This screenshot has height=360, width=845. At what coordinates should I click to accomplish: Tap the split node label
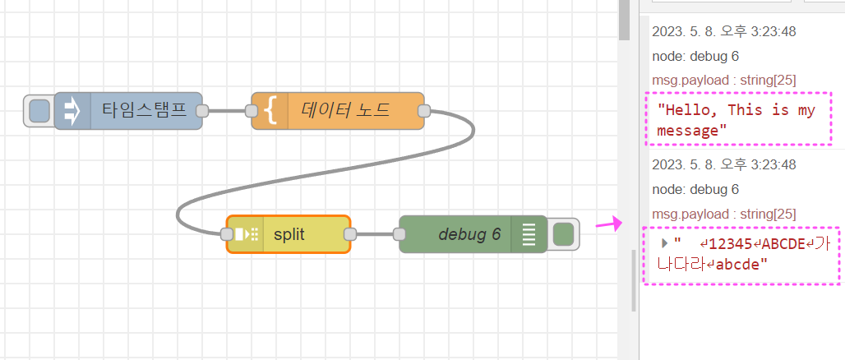289,234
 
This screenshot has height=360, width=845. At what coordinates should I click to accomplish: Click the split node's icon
247,234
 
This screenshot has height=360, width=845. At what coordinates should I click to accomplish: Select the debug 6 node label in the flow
469,234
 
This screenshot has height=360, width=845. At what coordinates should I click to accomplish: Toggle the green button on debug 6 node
563,234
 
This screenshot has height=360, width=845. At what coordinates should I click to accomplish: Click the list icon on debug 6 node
529,234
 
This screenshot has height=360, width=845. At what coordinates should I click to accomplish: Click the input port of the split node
227,234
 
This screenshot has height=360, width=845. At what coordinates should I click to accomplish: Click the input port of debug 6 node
400,234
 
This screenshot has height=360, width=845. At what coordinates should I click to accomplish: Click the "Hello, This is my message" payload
736,120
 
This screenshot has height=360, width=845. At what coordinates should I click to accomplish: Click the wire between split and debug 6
375,234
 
